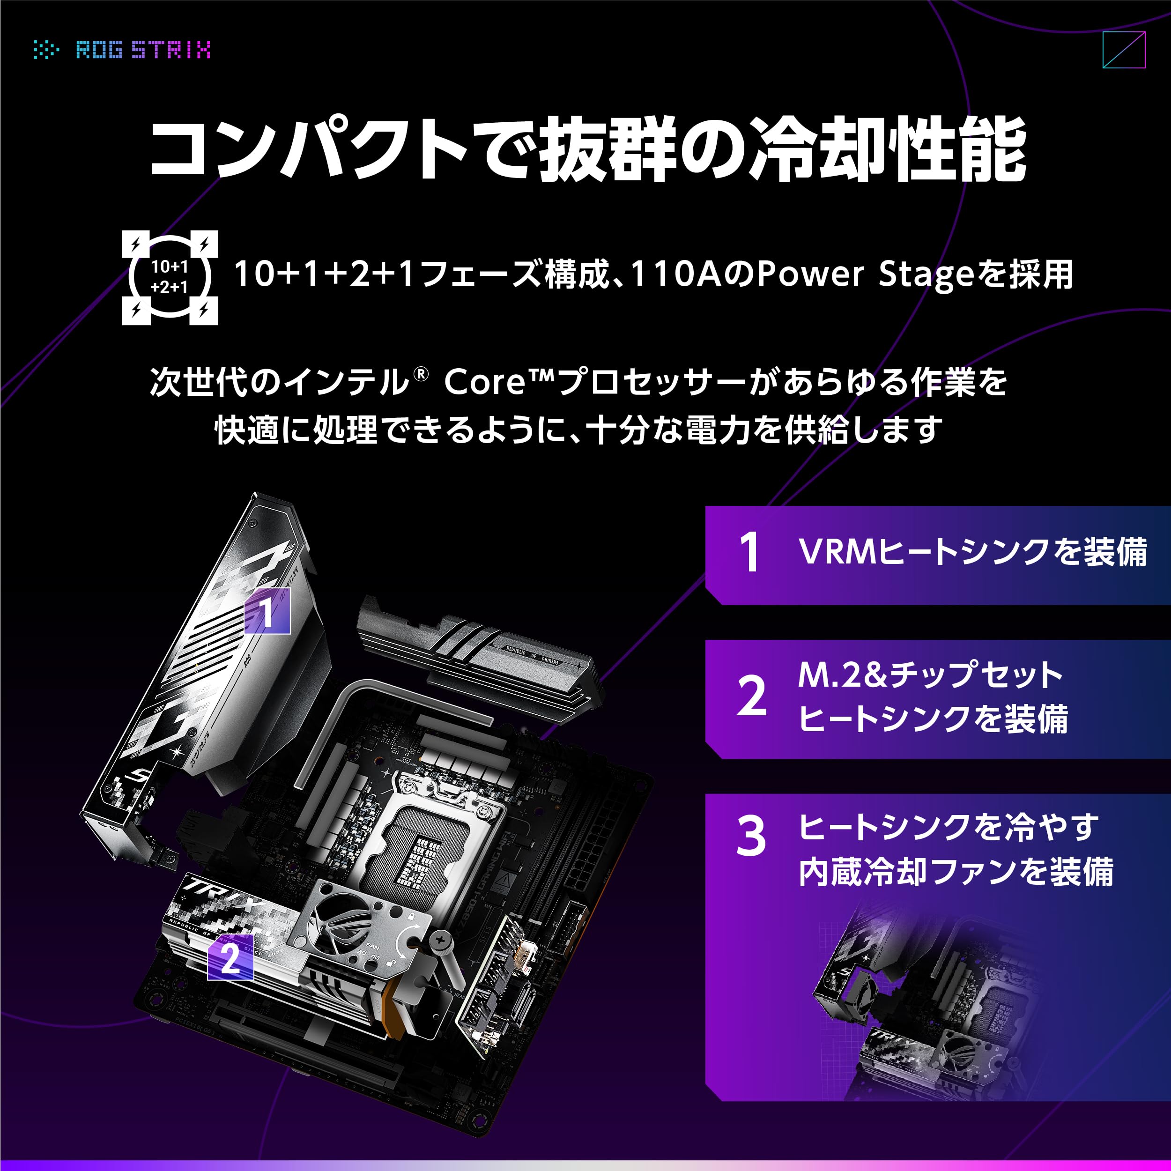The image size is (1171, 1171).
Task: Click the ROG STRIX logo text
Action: click(143, 50)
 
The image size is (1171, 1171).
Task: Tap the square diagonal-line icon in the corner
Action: click(1123, 50)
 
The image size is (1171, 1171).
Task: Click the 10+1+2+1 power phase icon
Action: click(170, 277)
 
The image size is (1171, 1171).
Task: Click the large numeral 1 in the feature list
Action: click(750, 552)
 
